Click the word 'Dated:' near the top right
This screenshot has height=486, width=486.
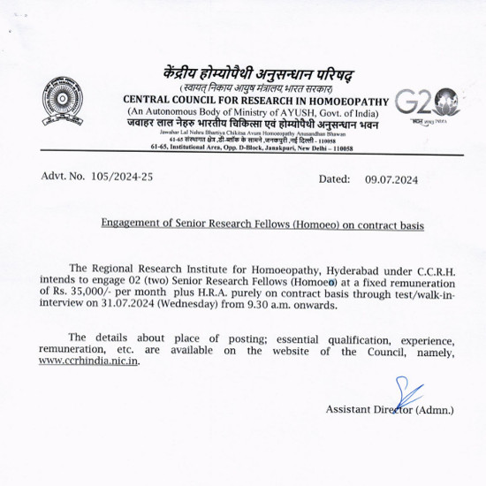[x=334, y=179]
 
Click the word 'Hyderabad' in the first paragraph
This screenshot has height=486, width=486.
[x=362, y=268]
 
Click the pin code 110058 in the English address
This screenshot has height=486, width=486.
[x=337, y=148]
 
